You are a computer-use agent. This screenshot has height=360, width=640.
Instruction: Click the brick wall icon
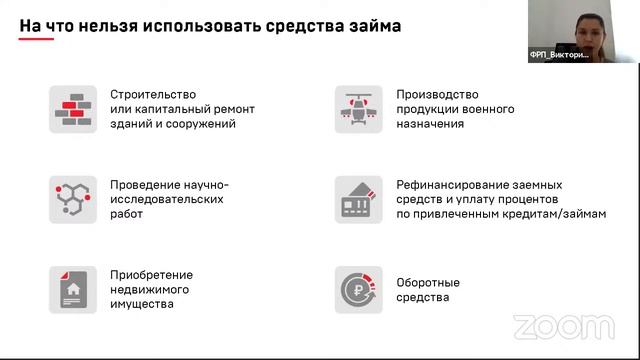(x=73, y=110)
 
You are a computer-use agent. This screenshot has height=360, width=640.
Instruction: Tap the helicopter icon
(x=358, y=110)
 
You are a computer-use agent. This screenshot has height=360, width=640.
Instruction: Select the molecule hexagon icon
(x=73, y=200)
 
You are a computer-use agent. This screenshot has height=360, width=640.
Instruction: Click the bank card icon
(x=358, y=200)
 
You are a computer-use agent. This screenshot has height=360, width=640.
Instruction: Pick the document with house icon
(x=73, y=290)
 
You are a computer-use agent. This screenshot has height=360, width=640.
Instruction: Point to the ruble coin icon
(x=358, y=290)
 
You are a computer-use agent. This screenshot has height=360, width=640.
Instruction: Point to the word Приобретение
(x=152, y=275)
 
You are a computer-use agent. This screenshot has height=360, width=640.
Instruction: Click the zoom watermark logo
(x=563, y=327)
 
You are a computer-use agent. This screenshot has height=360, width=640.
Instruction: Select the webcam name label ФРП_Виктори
(x=566, y=56)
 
